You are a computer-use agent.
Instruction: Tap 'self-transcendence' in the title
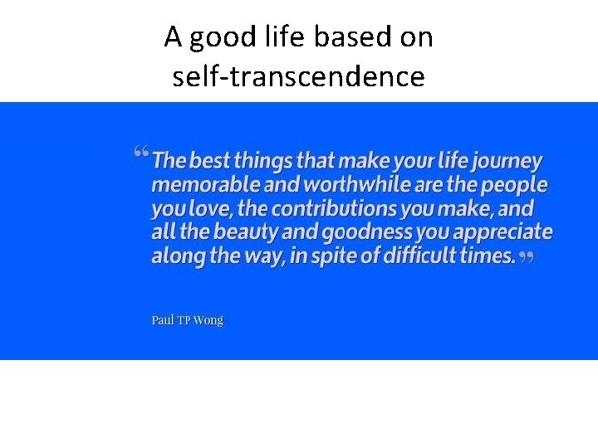click(298, 76)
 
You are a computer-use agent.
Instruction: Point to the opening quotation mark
click(140, 153)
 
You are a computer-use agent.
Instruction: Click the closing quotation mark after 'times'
click(526, 258)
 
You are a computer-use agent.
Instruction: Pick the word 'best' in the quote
click(211, 160)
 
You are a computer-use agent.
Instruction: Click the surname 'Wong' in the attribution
click(208, 320)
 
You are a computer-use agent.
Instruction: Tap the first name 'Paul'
click(162, 320)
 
